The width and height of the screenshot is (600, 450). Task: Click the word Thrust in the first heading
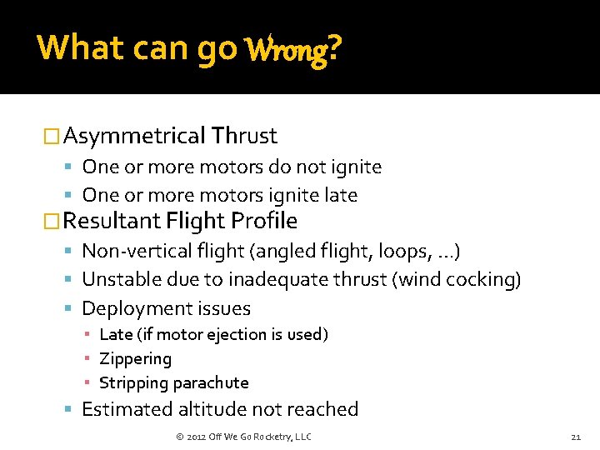click(x=244, y=135)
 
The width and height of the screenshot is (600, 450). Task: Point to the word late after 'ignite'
click(x=341, y=195)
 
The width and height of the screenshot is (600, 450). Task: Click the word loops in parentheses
click(x=402, y=251)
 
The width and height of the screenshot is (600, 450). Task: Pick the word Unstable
click(x=121, y=279)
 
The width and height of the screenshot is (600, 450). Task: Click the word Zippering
click(x=135, y=359)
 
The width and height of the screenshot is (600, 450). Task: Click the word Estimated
click(x=127, y=409)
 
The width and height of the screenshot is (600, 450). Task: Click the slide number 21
click(x=575, y=437)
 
